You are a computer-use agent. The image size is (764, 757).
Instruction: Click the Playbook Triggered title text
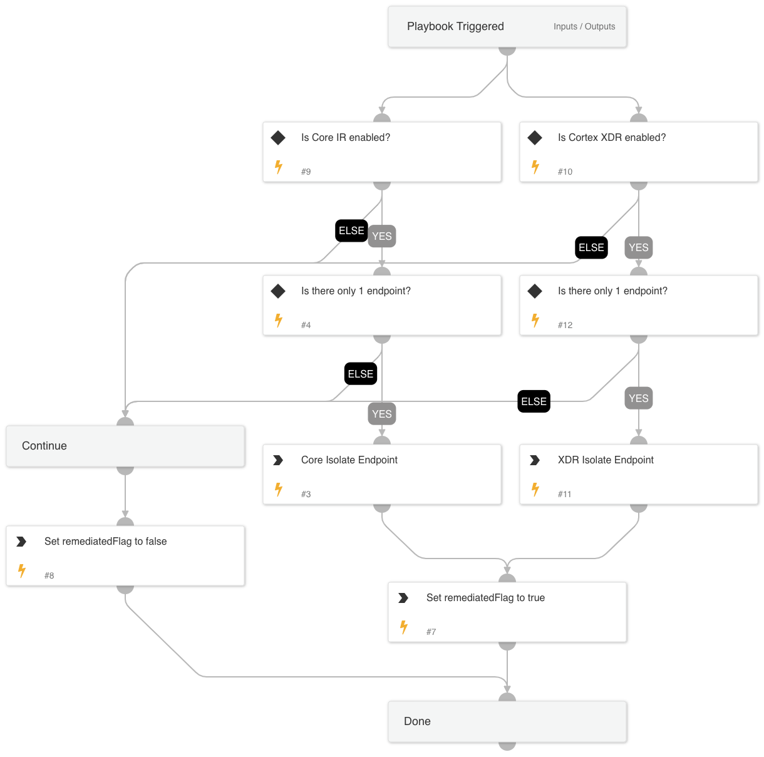[455, 26]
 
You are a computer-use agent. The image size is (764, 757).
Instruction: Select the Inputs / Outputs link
[584, 26]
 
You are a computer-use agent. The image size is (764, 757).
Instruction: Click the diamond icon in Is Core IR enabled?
[278, 138]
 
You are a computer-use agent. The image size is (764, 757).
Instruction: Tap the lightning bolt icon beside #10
[535, 167]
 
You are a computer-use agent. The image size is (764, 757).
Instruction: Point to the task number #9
[306, 172]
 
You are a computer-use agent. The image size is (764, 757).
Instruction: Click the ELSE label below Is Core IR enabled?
[351, 230]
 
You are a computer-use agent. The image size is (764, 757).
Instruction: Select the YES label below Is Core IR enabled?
[382, 236]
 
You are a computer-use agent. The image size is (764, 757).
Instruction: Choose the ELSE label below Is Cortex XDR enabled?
[591, 247]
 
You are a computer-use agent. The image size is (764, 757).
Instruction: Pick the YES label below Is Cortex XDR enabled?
[639, 247]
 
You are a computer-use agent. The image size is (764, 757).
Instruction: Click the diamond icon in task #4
[278, 291]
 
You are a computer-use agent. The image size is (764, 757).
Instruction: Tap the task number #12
[565, 325]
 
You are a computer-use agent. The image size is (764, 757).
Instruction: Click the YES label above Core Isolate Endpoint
[382, 414]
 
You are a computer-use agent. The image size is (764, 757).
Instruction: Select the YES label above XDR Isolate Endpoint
[639, 398]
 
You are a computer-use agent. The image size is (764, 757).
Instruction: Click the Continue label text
[44, 446]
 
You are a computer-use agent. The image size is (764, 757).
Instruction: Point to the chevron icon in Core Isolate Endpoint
[278, 460]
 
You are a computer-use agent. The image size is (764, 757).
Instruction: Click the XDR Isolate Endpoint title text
[606, 460]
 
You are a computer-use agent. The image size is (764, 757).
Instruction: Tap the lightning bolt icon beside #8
[22, 571]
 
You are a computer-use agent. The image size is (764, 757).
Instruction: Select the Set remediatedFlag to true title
[485, 598]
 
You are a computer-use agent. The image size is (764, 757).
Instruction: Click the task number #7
[431, 632]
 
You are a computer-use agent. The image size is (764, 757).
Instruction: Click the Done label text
[417, 721]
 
